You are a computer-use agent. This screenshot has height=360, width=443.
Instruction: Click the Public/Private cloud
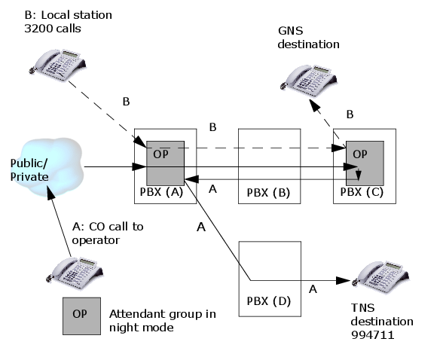coord(47,166)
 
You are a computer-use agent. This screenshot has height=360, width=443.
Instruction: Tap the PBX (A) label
coord(161,192)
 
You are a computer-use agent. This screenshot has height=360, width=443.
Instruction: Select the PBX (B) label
coord(268,193)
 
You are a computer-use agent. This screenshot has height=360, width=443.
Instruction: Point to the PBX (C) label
coord(362,192)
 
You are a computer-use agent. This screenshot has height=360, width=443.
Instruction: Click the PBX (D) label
coord(269,301)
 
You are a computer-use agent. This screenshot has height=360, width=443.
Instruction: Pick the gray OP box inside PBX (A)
coord(165,163)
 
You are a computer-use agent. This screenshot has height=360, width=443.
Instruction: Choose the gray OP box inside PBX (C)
coord(365,163)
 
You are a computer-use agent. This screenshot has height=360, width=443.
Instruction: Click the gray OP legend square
coord(81,316)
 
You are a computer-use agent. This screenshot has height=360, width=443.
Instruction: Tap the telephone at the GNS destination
coord(309,80)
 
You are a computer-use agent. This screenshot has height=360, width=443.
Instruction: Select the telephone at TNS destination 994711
coord(381,277)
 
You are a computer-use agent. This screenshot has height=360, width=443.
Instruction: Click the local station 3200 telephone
coord(57,65)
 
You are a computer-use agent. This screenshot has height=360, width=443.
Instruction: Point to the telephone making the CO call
coord(75,273)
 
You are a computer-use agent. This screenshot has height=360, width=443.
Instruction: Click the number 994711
coord(372,335)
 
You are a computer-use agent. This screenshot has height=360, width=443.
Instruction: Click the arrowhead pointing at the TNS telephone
coord(344,281)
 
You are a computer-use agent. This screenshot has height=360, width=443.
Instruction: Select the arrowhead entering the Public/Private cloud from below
coord(50,193)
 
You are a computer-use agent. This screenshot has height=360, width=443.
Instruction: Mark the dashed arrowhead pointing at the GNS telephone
coord(315,105)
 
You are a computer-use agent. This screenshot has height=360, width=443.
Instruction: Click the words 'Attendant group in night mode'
coord(163,321)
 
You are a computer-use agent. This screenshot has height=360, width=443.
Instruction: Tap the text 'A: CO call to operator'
coord(108,233)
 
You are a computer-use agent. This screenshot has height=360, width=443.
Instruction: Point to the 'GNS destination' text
coord(309,38)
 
